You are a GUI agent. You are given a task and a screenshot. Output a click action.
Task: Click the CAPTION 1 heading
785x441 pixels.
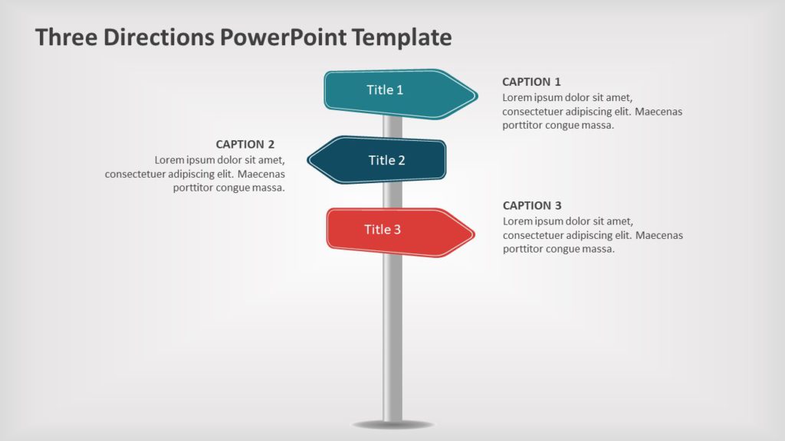point(531,81)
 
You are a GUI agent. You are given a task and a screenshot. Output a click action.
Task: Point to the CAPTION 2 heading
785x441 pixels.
point(245,144)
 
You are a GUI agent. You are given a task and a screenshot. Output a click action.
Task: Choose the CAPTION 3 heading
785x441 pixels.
point(532,205)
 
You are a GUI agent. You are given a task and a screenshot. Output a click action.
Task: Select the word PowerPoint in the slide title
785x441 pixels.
point(284,37)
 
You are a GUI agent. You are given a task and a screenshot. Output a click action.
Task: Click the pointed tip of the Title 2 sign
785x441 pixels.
point(310,160)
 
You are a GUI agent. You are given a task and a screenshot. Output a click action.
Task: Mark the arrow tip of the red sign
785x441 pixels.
point(472,234)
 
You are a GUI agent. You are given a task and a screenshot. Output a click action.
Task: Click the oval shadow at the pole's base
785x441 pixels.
point(392,424)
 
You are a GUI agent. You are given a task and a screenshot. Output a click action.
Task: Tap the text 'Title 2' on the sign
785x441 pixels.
point(386,160)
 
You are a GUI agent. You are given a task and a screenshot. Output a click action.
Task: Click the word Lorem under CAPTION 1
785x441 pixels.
point(517,97)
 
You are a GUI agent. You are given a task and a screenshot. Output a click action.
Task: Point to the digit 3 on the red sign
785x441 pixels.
point(397,229)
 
